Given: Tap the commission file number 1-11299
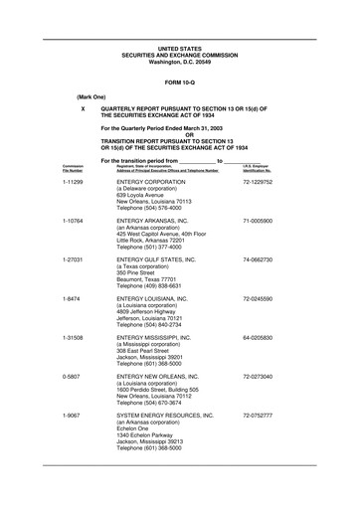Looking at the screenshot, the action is click(72, 183).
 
